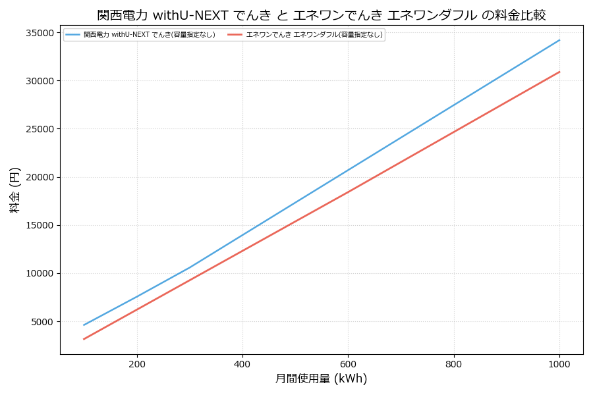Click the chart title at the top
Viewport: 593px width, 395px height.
click(x=322, y=15)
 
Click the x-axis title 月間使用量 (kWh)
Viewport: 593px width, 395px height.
click(x=321, y=379)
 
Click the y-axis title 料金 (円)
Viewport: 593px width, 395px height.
click(x=14, y=190)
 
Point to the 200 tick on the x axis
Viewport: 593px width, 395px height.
click(x=137, y=363)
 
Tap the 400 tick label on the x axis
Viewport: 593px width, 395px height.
click(x=242, y=363)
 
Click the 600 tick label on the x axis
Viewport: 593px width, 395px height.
click(x=348, y=363)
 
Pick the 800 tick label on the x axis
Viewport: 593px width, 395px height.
click(x=454, y=363)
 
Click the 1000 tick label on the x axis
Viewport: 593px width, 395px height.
click(x=559, y=363)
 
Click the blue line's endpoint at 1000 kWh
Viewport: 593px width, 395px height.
click(x=559, y=40)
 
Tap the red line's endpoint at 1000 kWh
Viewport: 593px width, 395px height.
click(x=559, y=72)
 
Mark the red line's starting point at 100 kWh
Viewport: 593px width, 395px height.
click(x=84, y=339)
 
